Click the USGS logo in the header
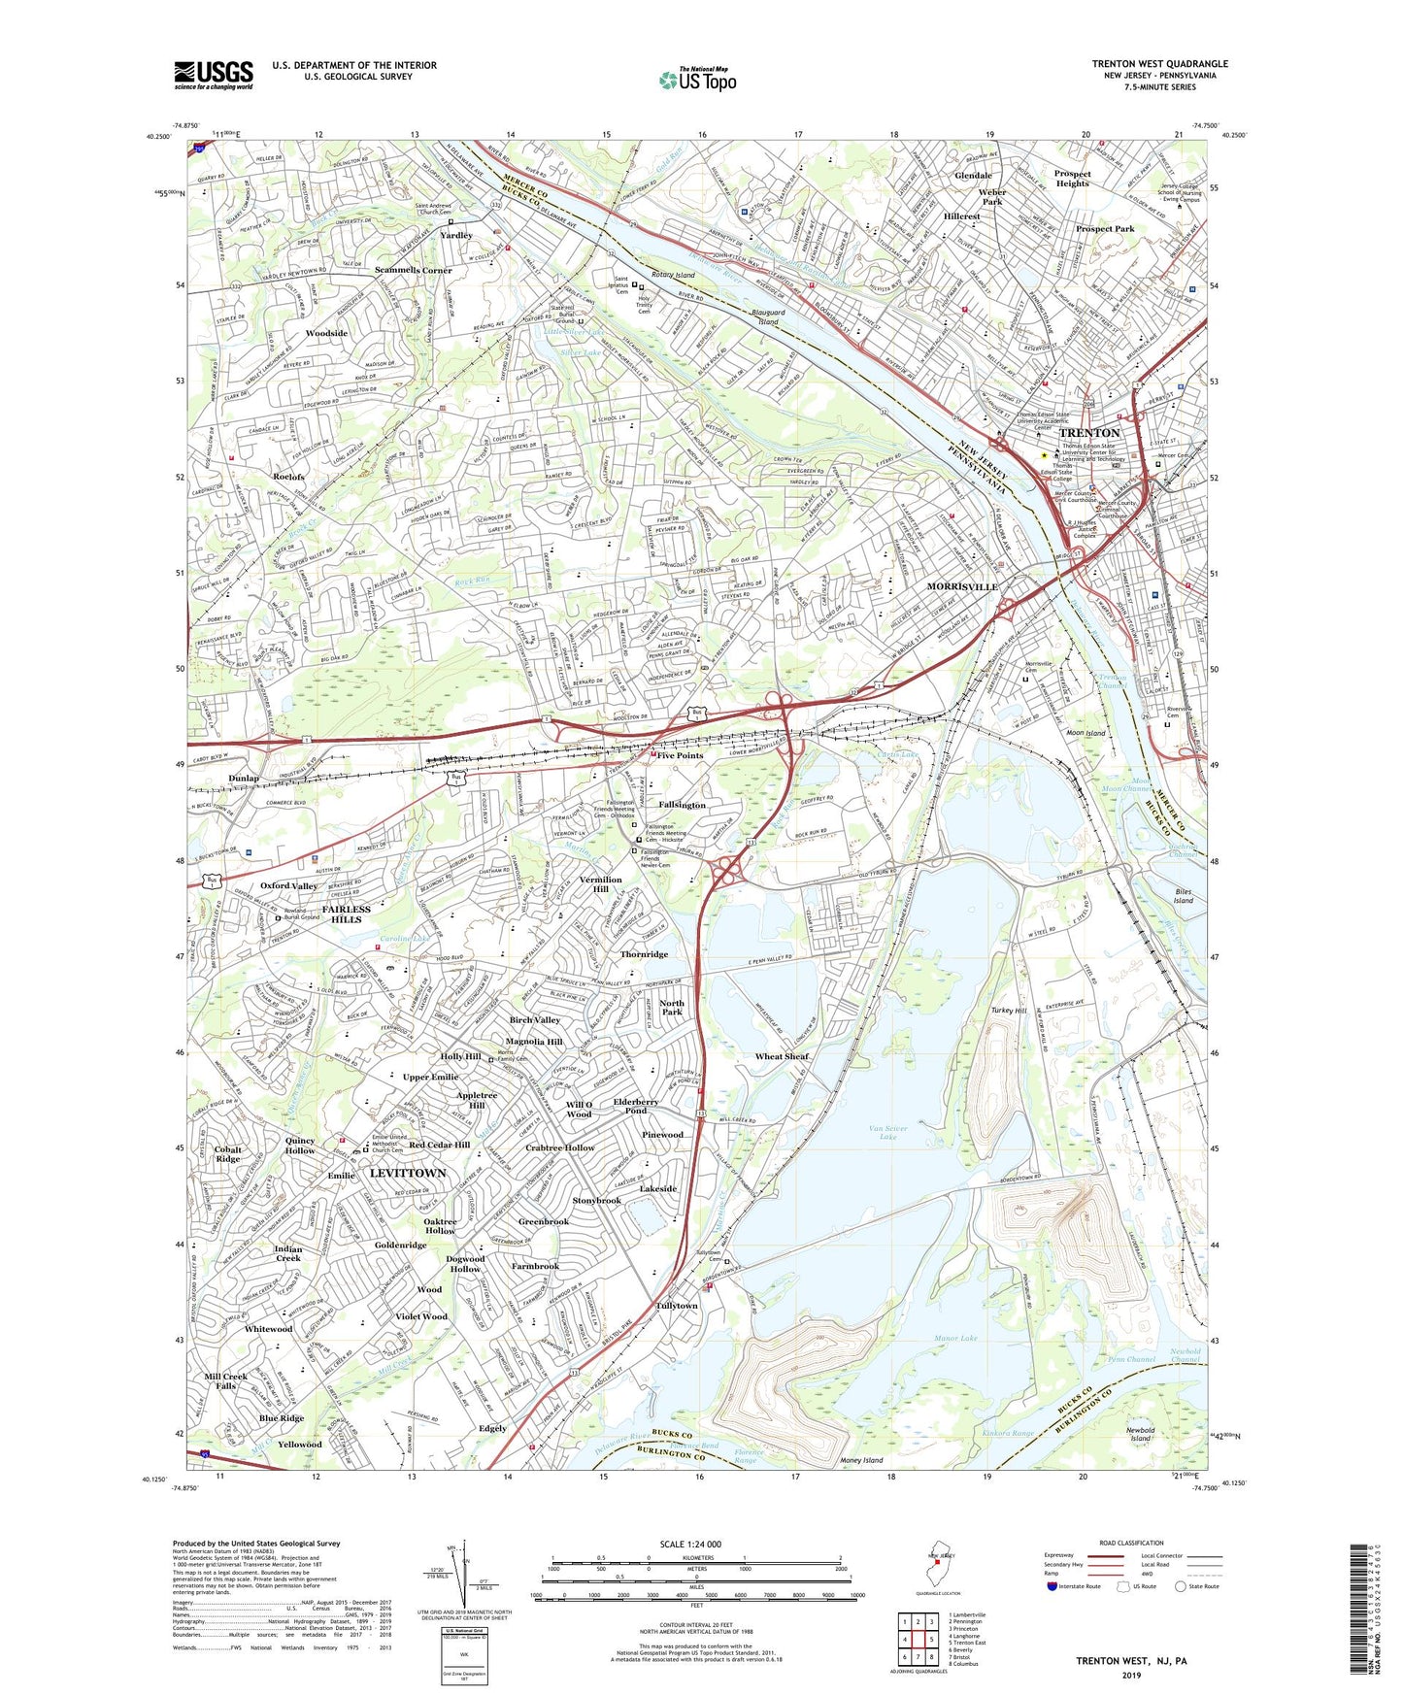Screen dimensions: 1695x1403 coord(214,74)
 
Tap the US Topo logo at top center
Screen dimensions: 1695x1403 coord(697,80)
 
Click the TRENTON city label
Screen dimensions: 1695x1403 coord(1088,433)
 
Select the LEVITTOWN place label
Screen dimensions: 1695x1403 coord(408,1173)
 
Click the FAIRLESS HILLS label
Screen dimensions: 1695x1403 coord(346,915)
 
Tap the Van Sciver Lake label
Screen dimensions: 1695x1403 coord(887,1132)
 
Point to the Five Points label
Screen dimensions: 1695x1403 coord(680,755)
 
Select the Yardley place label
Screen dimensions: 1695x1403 coord(455,236)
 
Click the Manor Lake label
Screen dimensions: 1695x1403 coord(954,1339)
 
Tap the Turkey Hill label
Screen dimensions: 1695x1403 coord(1008,1011)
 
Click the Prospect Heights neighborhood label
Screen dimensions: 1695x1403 coord(1072,179)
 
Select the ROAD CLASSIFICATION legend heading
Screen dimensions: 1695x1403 coord(1131,1543)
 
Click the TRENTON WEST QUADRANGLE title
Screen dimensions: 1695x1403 coord(1159,64)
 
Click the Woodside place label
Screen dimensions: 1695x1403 coord(326,333)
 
